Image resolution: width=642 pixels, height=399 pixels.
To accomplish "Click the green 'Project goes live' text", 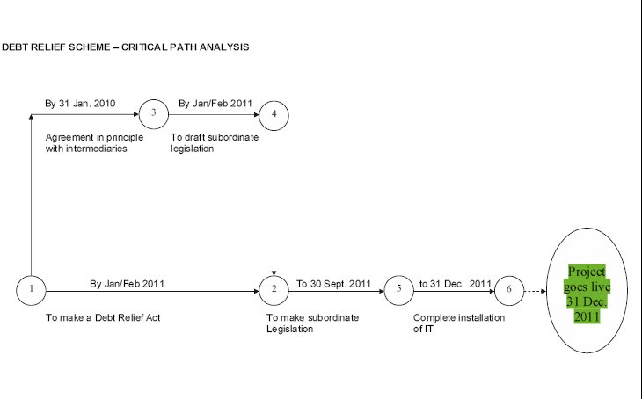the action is tap(587, 294).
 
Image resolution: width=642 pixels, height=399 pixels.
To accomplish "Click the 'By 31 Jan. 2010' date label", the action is tap(80, 104).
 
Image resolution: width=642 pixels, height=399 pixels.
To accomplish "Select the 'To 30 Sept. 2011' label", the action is tap(333, 284).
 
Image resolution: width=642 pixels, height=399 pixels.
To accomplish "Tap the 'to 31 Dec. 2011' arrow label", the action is tap(456, 284).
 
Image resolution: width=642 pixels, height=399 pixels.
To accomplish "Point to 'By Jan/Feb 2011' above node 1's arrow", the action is tap(127, 284).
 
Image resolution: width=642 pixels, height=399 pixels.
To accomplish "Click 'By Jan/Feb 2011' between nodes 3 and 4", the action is tap(215, 104).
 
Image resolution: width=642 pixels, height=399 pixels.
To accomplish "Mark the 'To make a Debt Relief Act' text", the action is tap(103, 317).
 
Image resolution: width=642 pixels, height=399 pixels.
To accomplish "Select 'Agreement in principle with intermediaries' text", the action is tap(95, 143).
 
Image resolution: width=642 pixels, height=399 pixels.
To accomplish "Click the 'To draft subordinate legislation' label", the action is tap(215, 143).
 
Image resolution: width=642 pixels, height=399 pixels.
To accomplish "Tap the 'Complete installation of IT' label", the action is tap(459, 323).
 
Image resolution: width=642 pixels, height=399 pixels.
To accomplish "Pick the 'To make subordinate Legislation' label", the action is tap(313, 323).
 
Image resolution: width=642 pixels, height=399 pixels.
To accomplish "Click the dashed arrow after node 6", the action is tap(536, 292).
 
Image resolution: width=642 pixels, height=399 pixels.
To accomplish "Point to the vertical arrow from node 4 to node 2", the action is tap(274, 203).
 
